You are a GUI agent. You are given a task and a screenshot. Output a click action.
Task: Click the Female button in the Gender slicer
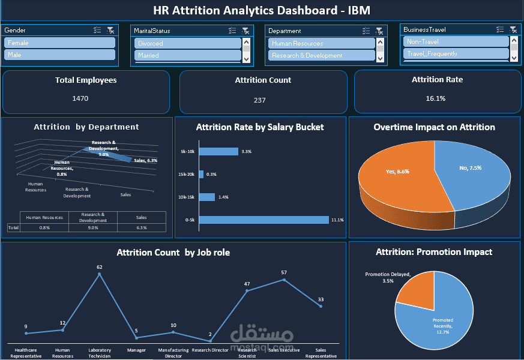coord(59,43)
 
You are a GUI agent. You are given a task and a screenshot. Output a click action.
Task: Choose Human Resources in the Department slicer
coord(321,43)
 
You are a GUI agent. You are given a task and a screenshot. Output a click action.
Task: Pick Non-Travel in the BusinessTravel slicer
coord(455,41)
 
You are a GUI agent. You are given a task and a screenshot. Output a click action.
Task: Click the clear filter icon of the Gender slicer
coord(110,30)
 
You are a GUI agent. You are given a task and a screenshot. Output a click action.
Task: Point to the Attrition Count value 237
coord(259,100)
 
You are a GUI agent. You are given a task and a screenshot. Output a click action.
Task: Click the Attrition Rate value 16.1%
coord(436,98)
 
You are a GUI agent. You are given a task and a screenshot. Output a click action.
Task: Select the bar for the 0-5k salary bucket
coord(264,220)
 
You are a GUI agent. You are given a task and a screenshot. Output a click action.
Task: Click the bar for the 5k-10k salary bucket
coord(218,152)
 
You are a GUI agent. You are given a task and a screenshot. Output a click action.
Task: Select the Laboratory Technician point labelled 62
coord(100,274)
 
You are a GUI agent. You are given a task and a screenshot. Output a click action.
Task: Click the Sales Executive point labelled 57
coord(284,280)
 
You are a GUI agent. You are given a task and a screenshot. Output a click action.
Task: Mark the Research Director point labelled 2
coord(210,341)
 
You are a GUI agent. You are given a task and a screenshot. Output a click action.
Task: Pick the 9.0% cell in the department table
coord(93,227)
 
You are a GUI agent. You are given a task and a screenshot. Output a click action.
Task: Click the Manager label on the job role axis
coord(136,350)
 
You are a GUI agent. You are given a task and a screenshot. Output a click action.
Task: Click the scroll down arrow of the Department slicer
coord(379,58)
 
